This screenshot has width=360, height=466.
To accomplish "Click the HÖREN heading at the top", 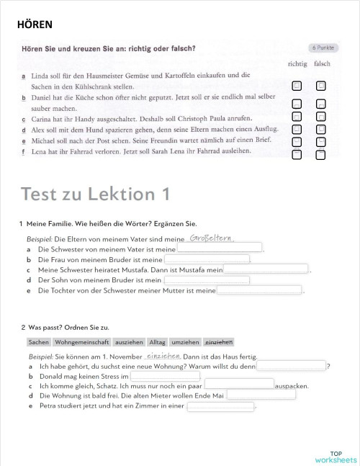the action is click(x=35, y=24).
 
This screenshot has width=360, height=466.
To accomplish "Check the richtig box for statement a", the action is click(x=297, y=86).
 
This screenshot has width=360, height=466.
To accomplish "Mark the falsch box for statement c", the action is click(x=321, y=116).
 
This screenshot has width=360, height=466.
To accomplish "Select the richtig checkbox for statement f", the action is click(x=297, y=153).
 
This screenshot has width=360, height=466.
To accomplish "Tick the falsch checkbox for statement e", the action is click(x=321, y=141).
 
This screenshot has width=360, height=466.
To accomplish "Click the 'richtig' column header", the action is click(x=297, y=63).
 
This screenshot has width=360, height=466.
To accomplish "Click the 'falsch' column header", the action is click(x=322, y=63).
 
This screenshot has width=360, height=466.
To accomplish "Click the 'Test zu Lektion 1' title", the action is click(x=96, y=194).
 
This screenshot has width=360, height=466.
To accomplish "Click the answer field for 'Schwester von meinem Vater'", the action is click(x=220, y=248).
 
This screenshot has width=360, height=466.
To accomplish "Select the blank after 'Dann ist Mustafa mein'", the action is click(x=266, y=269).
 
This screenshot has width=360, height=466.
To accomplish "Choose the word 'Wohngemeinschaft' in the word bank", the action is click(x=82, y=342).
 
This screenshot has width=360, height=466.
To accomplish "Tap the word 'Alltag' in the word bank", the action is click(x=157, y=342).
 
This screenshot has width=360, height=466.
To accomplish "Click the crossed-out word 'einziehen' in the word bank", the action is click(x=219, y=342).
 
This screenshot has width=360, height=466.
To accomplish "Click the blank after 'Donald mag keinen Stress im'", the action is click(x=165, y=376).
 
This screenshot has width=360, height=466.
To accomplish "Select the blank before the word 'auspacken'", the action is click(x=239, y=385).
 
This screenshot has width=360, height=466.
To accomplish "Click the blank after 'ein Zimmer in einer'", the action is click(x=220, y=406).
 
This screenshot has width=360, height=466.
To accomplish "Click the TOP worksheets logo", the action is click(x=336, y=455).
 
